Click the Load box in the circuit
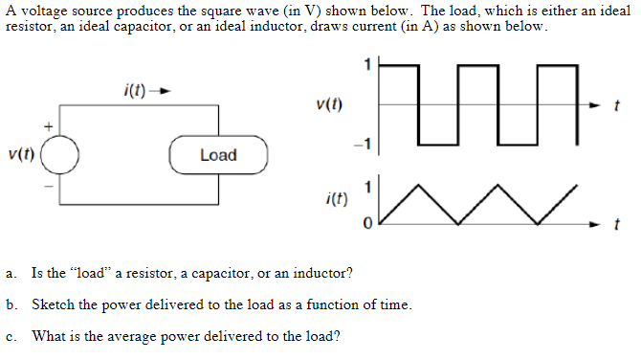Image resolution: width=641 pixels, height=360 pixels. (218, 155)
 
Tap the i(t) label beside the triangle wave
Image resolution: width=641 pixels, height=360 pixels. (336, 200)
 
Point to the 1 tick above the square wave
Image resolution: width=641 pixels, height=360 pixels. (365, 64)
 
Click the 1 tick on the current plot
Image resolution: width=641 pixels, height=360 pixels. (366, 183)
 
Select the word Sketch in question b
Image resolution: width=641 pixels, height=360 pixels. (53, 305)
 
